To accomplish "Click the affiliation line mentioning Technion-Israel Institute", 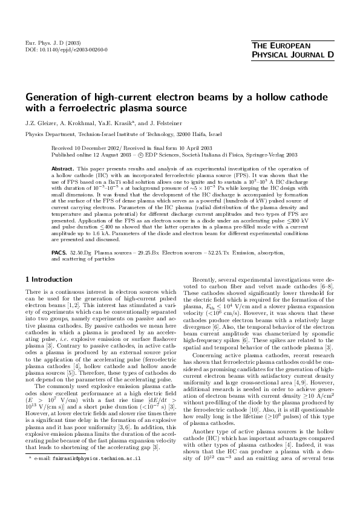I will tap(123, 133).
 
